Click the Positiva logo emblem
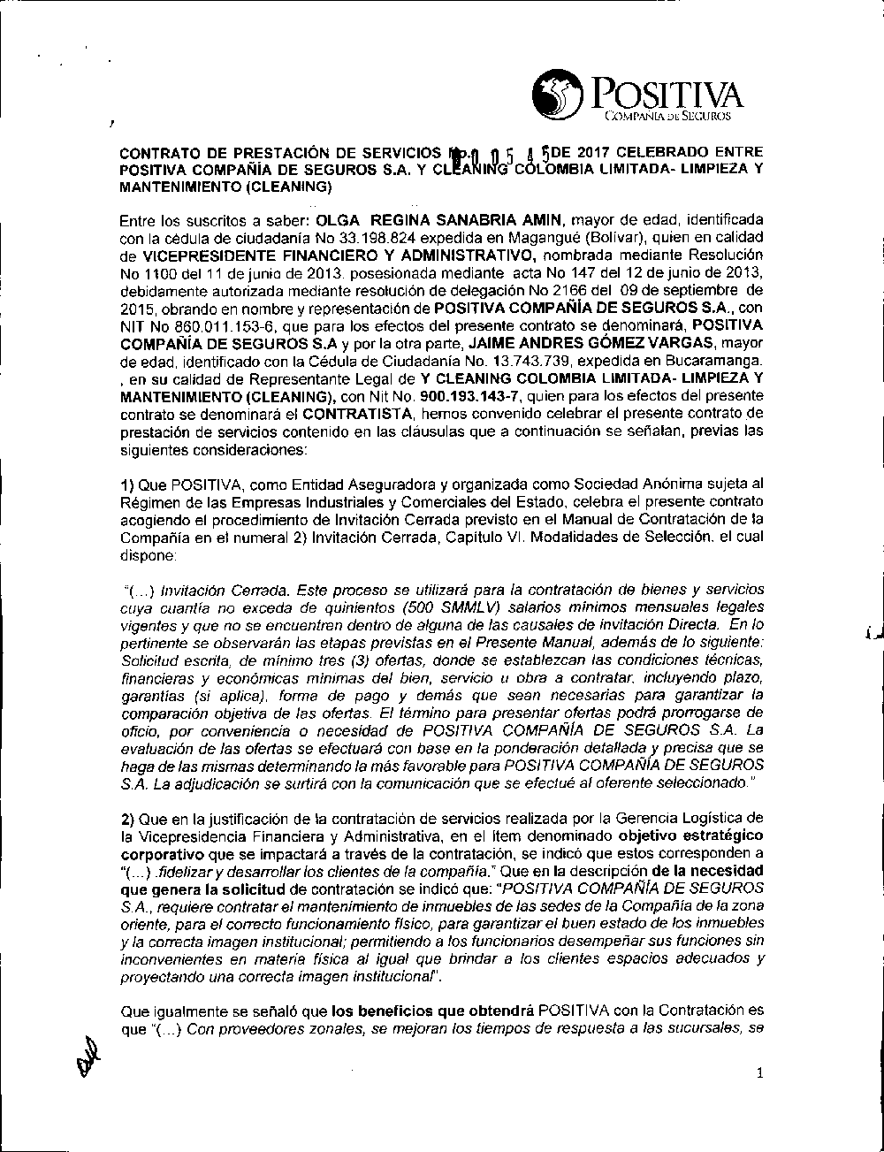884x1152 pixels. point(560,95)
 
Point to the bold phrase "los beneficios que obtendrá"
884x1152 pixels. point(431,1009)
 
